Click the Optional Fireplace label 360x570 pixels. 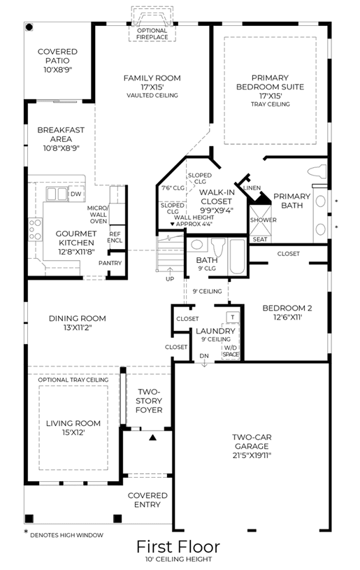(152, 34)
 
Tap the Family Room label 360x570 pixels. (152, 78)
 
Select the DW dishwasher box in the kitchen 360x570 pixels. (76, 194)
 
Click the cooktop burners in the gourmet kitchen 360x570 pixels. (35, 229)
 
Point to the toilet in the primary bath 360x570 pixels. (317, 171)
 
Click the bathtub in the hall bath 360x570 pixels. (237, 256)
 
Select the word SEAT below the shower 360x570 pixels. (260, 239)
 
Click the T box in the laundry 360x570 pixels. (233, 317)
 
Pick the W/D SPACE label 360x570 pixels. (231, 351)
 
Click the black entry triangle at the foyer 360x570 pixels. (152, 437)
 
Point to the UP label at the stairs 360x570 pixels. (170, 279)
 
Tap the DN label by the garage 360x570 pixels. (204, 356)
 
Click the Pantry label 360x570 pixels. (110, 263)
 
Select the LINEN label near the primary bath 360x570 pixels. (252, 188)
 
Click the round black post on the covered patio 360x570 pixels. (29, 27)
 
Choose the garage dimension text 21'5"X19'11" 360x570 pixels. (252, 455)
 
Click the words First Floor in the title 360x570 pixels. (178, 547)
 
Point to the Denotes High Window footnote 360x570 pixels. (64, 534)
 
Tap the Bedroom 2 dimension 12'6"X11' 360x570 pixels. (287, 317)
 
